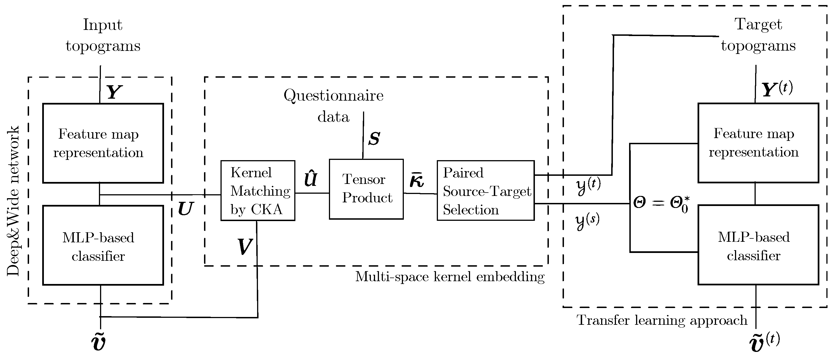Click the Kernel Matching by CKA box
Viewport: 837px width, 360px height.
click(x=258, y=191)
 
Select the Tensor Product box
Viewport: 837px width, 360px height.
click(x=366, y=189)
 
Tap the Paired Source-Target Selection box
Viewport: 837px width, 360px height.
click(x=485, y=191)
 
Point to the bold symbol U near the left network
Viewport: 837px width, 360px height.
click(x=186, y=209)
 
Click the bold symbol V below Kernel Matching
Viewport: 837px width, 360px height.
click(x=244, y=247)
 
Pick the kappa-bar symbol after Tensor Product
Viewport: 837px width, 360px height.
click(x=416, y=181)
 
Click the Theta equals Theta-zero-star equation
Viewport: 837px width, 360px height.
click(x=661, y=204)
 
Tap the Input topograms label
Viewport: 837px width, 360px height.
click(x=103, y=35)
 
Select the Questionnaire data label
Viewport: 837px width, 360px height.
click(x=333, y=106)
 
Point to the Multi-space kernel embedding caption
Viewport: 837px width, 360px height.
click(x=450, y=277)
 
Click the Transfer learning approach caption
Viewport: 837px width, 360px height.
click(x=662, y=320)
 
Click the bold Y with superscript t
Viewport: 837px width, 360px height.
click(x=777, y=89)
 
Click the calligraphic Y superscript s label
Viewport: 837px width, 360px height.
click(x=587, y=222)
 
